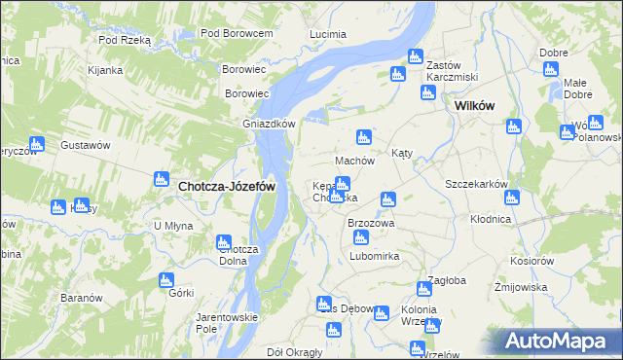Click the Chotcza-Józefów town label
(226, 186)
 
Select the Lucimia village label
(327, 34)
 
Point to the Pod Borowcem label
(236, 33)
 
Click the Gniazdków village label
(269, 124)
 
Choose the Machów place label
(354, 161)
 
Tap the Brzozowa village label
(371, 223)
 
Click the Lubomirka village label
(375, 257)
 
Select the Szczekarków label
(477, 184)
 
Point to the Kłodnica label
(490, 220)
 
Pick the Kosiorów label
(531, 262)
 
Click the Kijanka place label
(104, 70)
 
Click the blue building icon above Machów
(364, 137)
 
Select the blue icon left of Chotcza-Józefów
(162, 179)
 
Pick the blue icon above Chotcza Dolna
(223, 242)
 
